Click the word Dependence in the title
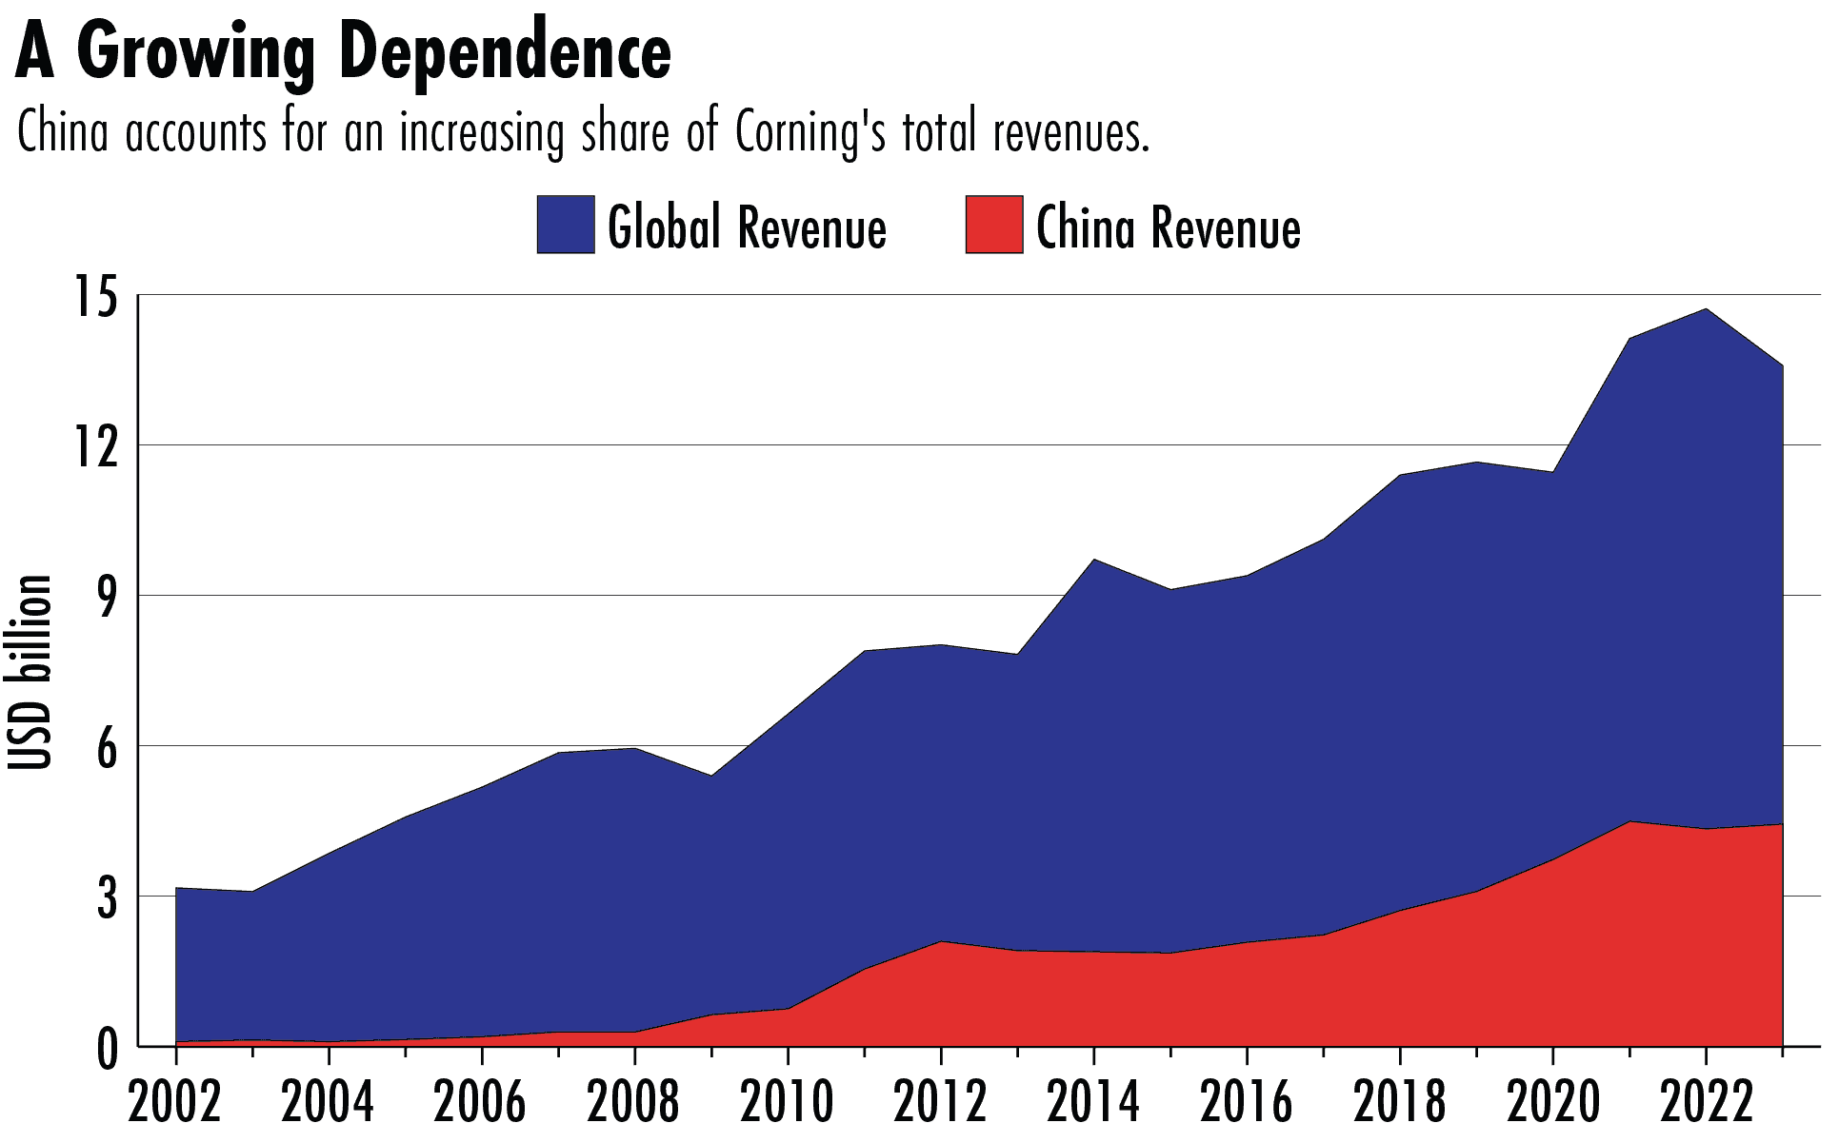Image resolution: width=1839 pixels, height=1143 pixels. pyautogui.click(x=505, y=52)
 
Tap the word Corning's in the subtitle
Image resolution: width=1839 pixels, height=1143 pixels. pyautogui.click(x=810, y=132)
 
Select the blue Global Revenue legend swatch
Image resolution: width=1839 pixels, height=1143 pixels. pyautogui.click(x=565, y=225)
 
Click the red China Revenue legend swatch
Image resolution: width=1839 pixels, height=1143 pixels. pyautogui.click(x=993, y=225)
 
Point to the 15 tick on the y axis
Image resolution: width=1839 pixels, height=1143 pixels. pyautogui.click(x=95, y=297)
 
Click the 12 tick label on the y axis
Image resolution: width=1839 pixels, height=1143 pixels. pyautogui.click(x=95, y=446)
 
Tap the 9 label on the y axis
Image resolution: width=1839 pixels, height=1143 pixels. pyautogui.click(x=106, y=597)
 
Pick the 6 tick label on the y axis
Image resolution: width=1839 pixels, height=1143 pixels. pyautogui.click(x=106, y=748)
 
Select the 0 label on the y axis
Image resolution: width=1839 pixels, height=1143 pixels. pyautogui.click(x=106, y=1050)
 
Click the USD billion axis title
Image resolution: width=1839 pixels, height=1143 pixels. pyautogui.click(x=29, y=672)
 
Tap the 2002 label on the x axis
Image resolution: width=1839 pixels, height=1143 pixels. pyautogui.click(x=175, y=1102)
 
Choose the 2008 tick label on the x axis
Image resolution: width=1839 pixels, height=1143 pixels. pyautogui.click(x=633, y=1102)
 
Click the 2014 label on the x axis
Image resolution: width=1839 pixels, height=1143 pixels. pyautogui.click(x=1093, y=1102)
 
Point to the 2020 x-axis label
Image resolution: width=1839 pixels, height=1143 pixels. pyautogui.click(x=1552, y=1102)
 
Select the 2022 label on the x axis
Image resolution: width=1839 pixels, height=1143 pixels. pyautogui.click(x=1706, y=1102)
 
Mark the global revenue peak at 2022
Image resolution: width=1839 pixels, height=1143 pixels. pyautogui.click(x=1706, y=309)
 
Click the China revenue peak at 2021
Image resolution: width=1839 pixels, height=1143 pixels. pyautogui.click(x=1629, y=821)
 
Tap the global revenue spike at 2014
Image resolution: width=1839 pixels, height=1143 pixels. pyautogui.click(x=1094, y=560)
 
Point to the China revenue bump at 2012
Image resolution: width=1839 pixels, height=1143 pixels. pyautogui.click(x=941, y=941)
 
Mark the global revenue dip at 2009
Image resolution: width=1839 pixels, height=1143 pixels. pyautogui.click(x=711, y=776)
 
